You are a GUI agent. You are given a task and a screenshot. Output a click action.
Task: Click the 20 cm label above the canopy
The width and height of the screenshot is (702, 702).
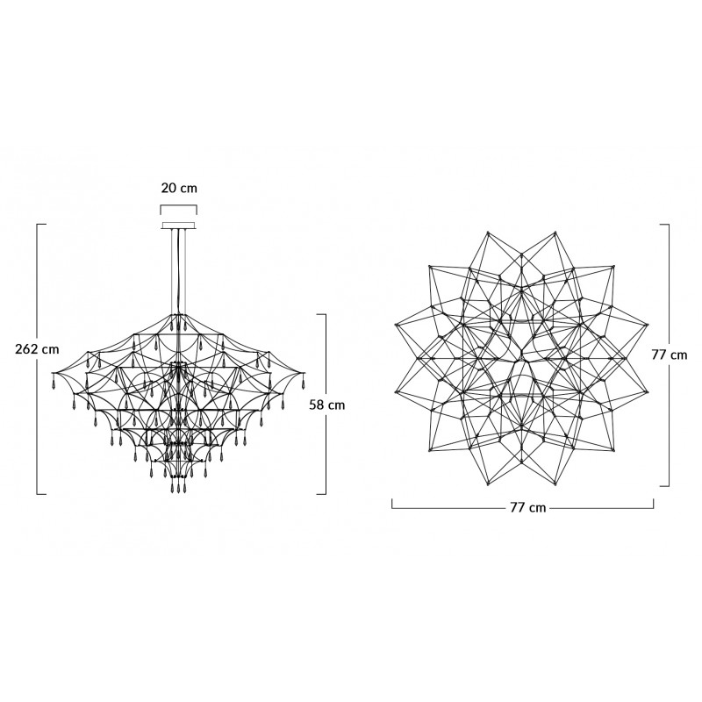click(x=179, y=188)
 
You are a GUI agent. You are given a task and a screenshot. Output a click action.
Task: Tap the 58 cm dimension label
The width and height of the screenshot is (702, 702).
click(x=327, y=405)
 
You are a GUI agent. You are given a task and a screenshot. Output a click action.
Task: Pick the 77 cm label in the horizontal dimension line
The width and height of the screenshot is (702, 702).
click(x=528, y=508)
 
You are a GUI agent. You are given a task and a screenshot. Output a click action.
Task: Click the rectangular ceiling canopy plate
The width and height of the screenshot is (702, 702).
click(x=179, y=226)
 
